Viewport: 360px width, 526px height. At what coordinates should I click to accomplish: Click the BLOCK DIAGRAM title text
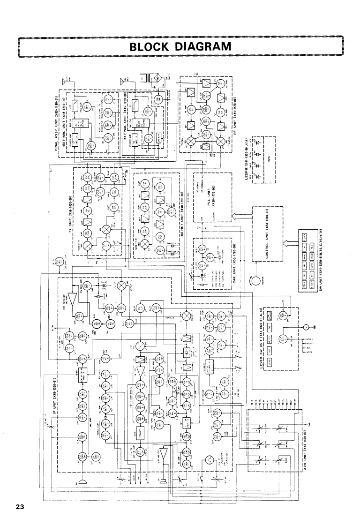coord(180,46)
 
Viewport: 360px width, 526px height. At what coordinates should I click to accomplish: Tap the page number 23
coord(19,507)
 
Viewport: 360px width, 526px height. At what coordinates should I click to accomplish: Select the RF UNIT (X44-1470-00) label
coord(233,121)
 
